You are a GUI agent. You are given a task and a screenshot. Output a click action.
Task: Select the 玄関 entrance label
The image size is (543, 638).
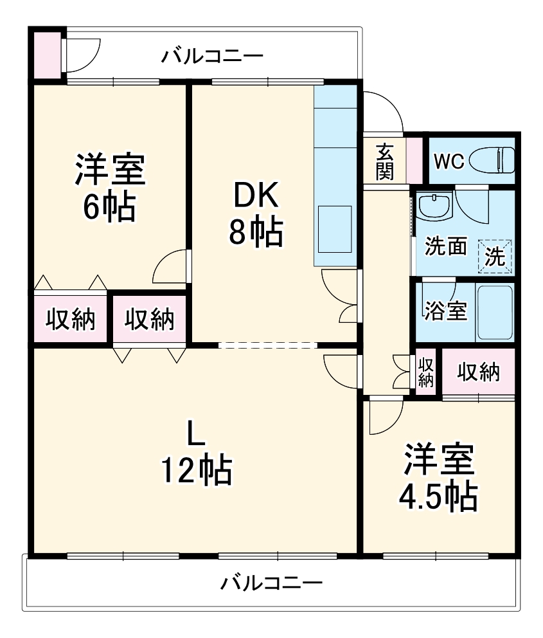click(385, 161)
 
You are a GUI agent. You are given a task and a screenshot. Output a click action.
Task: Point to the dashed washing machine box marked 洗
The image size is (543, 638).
click(495, 256)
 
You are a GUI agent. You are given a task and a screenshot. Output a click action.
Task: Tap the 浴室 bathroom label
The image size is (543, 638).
click(445, 311)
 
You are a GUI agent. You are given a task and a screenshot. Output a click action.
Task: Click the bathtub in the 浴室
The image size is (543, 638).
click(494, 312)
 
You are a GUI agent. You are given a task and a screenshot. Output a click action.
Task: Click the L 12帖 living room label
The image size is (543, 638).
click(195, 453)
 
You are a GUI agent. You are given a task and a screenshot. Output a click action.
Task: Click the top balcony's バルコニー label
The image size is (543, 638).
click(211, 55)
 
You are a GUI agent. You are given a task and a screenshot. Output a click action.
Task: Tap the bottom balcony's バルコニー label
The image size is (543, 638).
click(271, 584)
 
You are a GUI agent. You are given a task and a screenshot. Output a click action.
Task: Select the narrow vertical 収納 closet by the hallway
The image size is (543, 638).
click(425, 371)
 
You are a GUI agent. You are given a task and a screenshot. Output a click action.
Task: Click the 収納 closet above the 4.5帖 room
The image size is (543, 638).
click(479, 371)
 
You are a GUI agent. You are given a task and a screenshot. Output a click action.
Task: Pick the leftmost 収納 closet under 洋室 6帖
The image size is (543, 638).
click(71, 319)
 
